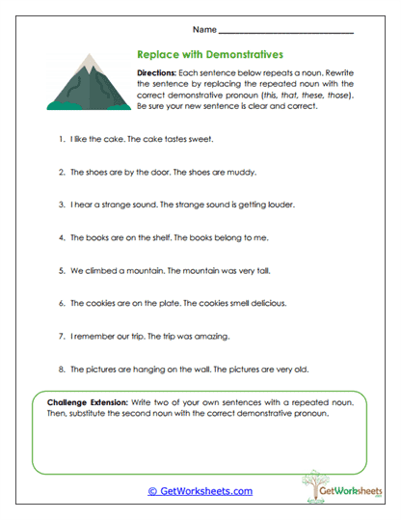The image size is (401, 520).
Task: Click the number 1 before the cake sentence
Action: coord(60,139)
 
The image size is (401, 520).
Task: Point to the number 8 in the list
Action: coord(60,369)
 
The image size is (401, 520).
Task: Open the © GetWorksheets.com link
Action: coord(200,491)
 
